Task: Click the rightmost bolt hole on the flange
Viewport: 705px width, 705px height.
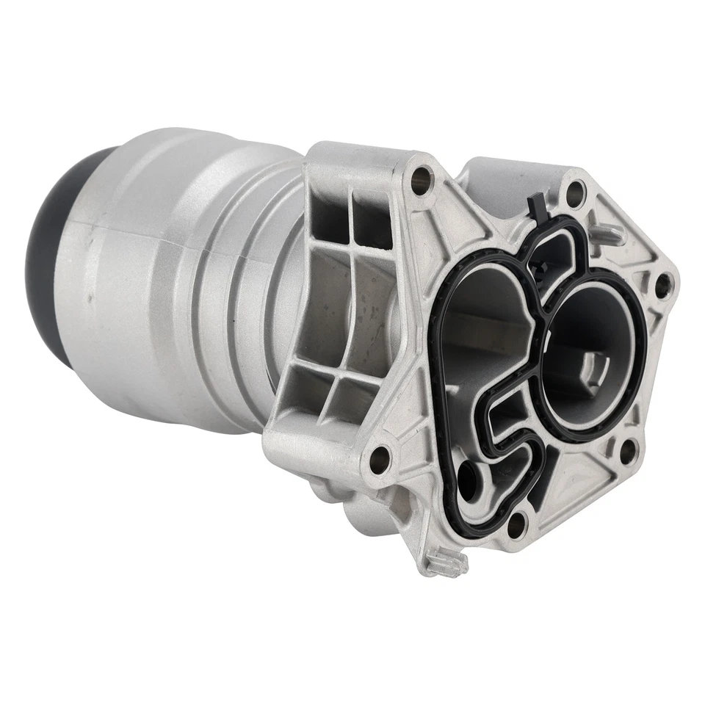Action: click(x=663, y=283)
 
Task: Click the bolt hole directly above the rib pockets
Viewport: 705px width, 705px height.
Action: click(x=421, y=176)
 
